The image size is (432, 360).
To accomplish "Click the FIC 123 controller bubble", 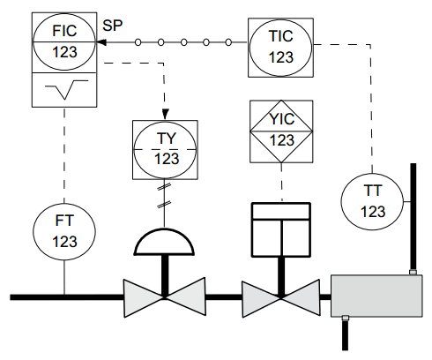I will click(64, 41).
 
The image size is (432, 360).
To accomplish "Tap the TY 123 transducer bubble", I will click(166, 148).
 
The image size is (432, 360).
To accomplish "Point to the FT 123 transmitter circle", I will click(64, 231).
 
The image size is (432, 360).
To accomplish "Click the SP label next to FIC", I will click(113, 25).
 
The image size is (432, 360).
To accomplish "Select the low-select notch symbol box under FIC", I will click(64, 89).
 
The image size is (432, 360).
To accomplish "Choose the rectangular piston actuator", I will click(281, 226).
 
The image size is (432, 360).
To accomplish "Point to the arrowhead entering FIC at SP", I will click(101, 41).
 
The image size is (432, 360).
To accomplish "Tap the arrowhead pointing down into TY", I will click(166, 111).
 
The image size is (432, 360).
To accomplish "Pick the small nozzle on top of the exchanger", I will click(412, 273).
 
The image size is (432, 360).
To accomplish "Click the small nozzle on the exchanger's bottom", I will click(346, 318).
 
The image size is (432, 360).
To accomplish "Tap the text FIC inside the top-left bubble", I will click(64, 29).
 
